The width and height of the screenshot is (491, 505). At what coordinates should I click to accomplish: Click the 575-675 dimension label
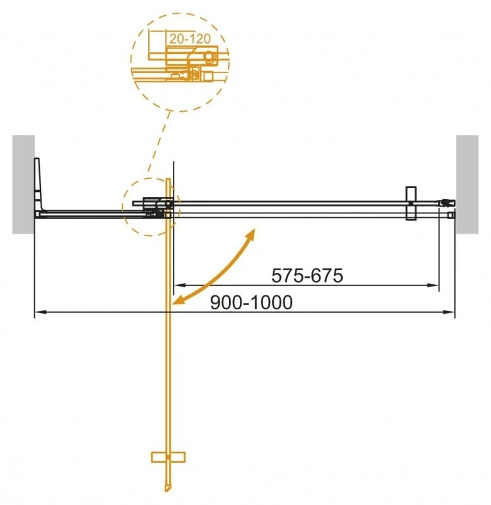(x=306, y=276)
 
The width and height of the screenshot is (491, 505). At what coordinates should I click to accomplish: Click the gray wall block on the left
(x=23, y=184)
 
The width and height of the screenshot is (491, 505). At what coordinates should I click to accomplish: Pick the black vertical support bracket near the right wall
(x=410, y=203)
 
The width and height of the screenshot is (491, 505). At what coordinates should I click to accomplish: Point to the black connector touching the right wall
(x=447, y=203)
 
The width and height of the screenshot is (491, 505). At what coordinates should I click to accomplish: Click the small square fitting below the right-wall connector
(x=450, y=215)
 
